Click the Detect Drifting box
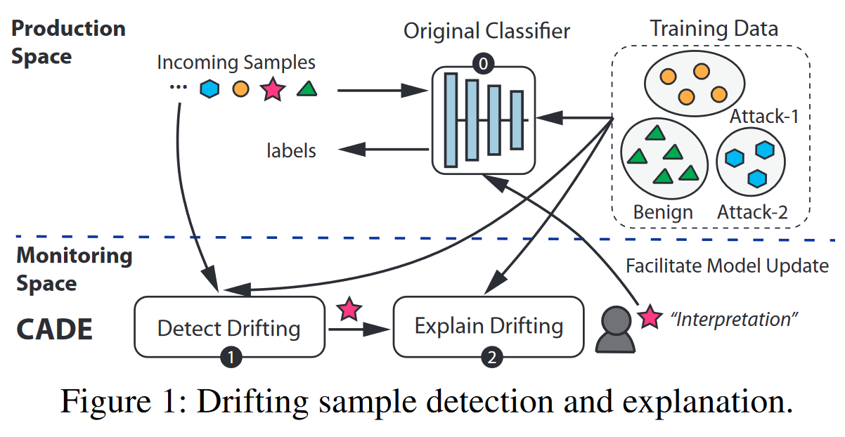[228, 328]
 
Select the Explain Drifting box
[488, 326]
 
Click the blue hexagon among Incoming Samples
[209, 89]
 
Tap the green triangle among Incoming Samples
[305, 89]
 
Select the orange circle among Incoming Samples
[240, 90]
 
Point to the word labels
[291, 150]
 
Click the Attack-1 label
[763, 117]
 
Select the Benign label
[663, 211]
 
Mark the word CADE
[54, 330]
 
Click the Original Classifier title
[486, 31]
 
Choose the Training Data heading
[714, 29]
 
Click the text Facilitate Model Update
[728, 266]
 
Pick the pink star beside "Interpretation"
[650, 318]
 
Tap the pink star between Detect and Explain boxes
[349, 308]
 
